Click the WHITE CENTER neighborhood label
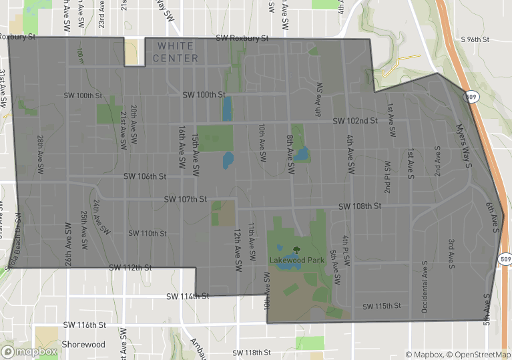[175, 52]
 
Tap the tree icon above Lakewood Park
[296, 250]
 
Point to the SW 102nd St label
[356, 121]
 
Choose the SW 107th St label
[186, 200]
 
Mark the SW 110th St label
[147, 234]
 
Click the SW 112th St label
[131, 268]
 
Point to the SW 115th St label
[381, 307]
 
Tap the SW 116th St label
[85, 325]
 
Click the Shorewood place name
[83, 345]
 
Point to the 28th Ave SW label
[41, 151]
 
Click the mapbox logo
[29, 351]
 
